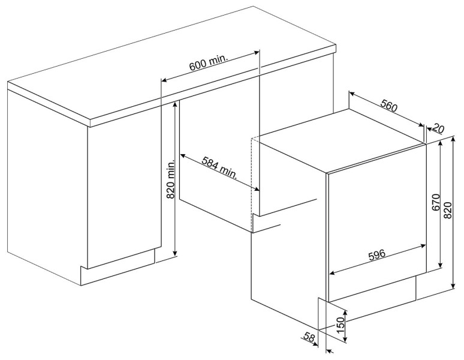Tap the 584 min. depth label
[x=219, y=167]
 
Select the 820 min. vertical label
[x=171, y=180]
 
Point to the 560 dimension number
[x=388, y=106]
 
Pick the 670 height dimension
[x=436, y=203]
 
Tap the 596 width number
[x=377, y=254]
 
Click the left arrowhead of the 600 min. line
[x=164, y=80]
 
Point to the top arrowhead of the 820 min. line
[x=176, y=103]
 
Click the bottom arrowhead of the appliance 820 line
[x=453, y=286]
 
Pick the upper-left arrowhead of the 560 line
[x=352, y=93]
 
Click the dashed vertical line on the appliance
[x=251, y=184]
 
